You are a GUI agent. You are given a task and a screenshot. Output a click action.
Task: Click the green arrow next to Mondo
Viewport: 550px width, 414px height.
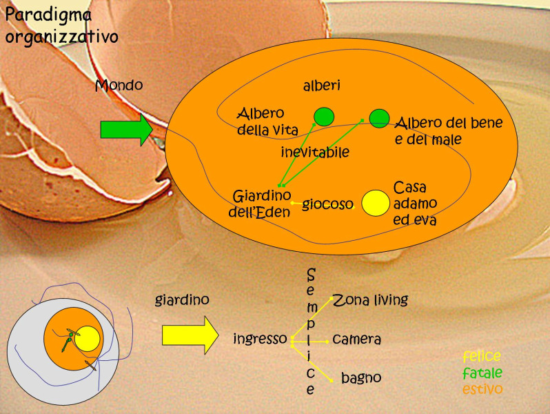[126, 130]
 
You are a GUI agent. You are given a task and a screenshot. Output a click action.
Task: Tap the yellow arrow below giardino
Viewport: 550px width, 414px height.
[188, 335]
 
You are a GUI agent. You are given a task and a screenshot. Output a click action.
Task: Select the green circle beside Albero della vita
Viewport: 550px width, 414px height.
[324, 117]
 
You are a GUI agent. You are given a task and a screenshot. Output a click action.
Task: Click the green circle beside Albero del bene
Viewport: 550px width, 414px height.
[378, 119]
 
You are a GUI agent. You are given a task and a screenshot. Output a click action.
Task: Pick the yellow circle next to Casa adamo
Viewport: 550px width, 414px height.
[376, 203]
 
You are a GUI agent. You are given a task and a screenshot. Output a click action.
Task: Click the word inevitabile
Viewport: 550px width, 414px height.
[315, 151]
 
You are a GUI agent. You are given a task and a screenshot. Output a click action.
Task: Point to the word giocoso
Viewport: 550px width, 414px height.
[327, 204]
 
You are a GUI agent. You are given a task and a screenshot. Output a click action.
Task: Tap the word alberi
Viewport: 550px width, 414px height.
[322, 86]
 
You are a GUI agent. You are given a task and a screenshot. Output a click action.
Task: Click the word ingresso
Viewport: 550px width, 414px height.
[259, 339]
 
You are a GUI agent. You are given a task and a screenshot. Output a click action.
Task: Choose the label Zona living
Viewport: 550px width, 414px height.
[370, 300]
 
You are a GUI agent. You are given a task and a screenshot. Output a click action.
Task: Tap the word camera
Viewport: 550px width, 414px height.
[356, 339]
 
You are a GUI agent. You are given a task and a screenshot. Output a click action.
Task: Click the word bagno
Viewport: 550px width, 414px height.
[361, 377]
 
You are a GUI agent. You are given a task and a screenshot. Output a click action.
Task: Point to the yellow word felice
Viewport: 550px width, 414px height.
[482, 357]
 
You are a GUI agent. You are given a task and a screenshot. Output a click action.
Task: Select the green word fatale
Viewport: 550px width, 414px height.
[482, 373]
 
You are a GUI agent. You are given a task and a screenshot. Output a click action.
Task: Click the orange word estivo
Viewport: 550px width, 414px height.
[482, 389]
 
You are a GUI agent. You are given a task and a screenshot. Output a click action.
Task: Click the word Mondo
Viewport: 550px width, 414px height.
[119, 86]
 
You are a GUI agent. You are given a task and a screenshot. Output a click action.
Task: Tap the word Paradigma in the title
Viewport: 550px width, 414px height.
[49, 13]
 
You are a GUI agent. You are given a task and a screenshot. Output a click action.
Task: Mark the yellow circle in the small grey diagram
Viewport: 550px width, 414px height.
[88, 339]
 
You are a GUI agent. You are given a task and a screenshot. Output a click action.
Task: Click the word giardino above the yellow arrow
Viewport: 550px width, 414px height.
[182, 300]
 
